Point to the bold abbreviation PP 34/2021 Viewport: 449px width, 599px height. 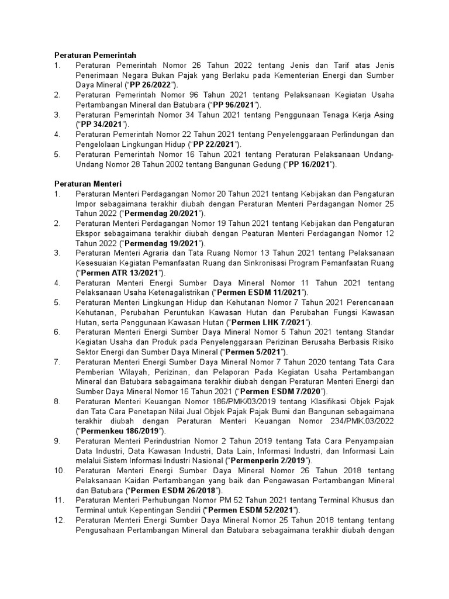102,125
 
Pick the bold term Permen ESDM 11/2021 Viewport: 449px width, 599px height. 260,292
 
